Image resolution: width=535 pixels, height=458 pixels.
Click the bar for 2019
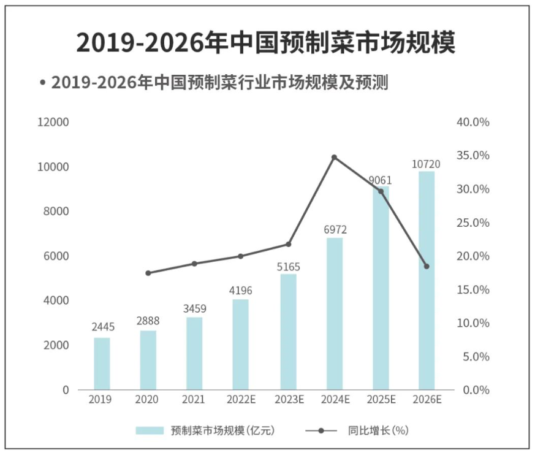click(102, 364)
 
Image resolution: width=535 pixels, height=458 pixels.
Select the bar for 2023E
click(288, 332)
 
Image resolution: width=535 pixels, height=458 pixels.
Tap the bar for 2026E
click(426, 280)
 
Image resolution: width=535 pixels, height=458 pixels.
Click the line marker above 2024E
click(335, 158)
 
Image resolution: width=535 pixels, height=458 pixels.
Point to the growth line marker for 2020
click(148, 273)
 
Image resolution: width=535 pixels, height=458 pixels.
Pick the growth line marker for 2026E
click(427, 266)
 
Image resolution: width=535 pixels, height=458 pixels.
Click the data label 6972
click(335, 230)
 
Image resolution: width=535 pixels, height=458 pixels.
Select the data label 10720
click(426, 164)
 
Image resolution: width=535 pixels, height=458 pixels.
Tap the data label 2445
click(102, 327)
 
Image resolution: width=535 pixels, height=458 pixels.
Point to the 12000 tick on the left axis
click(54, 122)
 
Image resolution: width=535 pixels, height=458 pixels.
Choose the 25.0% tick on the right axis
click(473, 223)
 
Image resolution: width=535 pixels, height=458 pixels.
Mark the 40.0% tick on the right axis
click(473, 122)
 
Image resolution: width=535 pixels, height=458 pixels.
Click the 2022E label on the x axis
click(241, 400)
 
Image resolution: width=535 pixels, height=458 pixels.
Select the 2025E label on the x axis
click(381, 400)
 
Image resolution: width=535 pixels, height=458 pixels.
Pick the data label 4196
click(241, 291)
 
